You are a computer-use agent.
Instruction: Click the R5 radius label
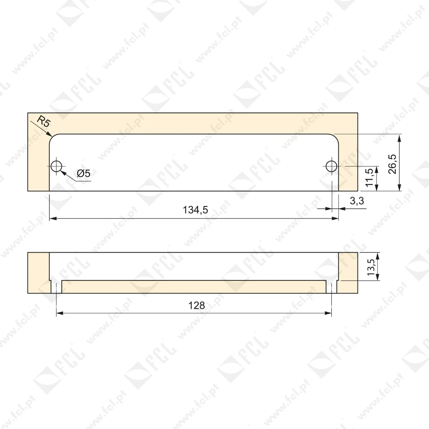point(44,122)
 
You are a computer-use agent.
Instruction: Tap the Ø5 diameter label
point(83,173)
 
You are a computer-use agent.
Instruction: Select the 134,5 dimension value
point(195,210)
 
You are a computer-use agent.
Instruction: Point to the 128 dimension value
point(197,305)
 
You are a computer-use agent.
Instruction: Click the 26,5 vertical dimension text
point(392,164)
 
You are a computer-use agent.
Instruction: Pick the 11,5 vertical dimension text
point(369,177)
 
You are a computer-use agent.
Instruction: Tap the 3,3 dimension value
point(357,201)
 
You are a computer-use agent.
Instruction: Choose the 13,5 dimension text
point(371,267)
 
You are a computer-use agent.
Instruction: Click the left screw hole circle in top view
point(56,166)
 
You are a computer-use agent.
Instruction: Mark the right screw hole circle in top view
point(331,166)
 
